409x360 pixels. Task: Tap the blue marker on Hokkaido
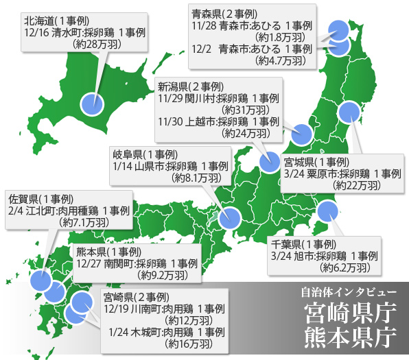(93, 104)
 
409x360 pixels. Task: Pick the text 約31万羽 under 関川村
(246, 109)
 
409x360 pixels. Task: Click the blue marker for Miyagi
(350, 111)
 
